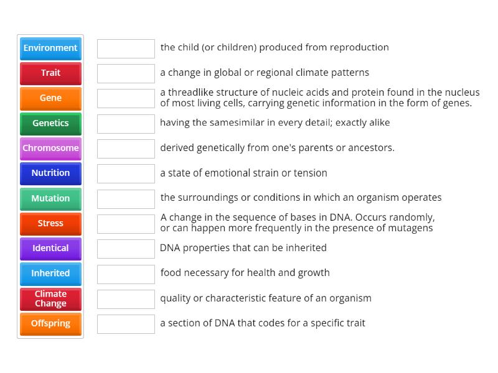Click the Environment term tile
50,48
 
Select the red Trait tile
50,73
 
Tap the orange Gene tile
50,98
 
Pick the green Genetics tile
50,123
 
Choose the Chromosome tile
50,149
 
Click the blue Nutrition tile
50,173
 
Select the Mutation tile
50,198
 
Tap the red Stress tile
50,223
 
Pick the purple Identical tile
50,249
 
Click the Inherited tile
50,274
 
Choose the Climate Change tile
50,298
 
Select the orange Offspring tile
50,324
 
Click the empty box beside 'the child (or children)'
126,48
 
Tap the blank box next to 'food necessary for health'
126,274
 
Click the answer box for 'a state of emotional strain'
126,173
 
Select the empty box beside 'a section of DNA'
126,324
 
